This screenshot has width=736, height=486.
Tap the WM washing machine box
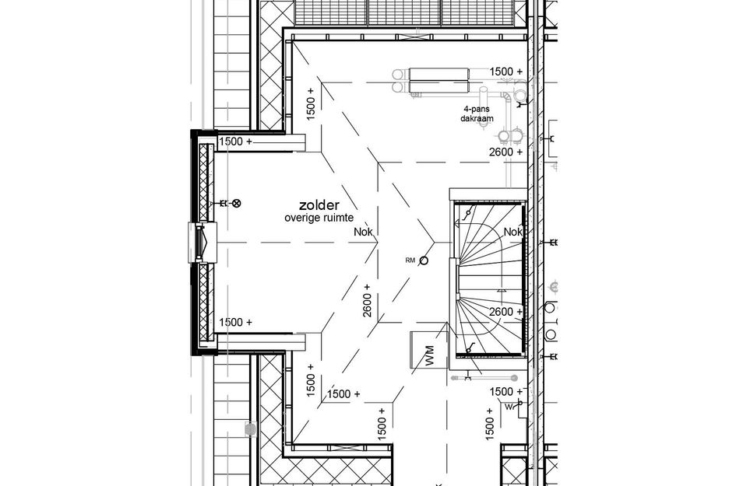coord(428,350)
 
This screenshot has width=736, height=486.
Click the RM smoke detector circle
coord(424,260)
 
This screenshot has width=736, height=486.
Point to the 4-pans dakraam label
coord(475,114)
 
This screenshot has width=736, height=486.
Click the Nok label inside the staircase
coord(512,232)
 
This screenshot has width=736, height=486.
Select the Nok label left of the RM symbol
coord(364,232)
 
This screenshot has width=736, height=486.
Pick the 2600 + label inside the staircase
coord(505,312)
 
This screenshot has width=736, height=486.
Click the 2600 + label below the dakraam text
coord(506,152)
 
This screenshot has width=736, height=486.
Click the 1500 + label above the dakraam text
coord(505,72)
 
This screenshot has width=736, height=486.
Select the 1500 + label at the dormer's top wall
coord(236,142)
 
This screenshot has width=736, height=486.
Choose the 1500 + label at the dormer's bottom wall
coord(236,322)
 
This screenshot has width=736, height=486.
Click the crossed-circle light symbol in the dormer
coord(237,204)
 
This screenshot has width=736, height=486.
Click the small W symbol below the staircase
coord(509,406)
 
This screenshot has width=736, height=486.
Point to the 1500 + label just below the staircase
coord(505,391)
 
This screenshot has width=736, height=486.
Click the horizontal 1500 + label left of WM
coord(343,393)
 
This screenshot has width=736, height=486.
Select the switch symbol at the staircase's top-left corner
coord(467,212)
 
